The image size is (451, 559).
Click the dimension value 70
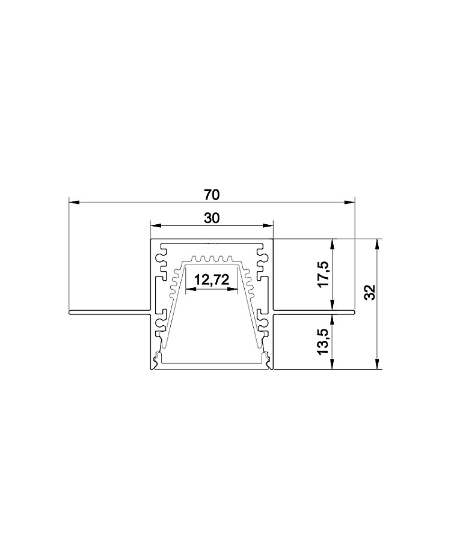(x=212, y=195)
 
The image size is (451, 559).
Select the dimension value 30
(x=212, y=218)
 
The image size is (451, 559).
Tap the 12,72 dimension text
(x=212, y=280)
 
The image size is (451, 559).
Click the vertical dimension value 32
(x=370, y=292)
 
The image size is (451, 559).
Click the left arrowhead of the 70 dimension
(x=73, y=203)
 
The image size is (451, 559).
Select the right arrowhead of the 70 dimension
(x=350, y=203)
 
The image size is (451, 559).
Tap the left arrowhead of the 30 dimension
(x=156, y=225)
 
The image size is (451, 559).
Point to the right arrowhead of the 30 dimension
(x=268, y=225)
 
